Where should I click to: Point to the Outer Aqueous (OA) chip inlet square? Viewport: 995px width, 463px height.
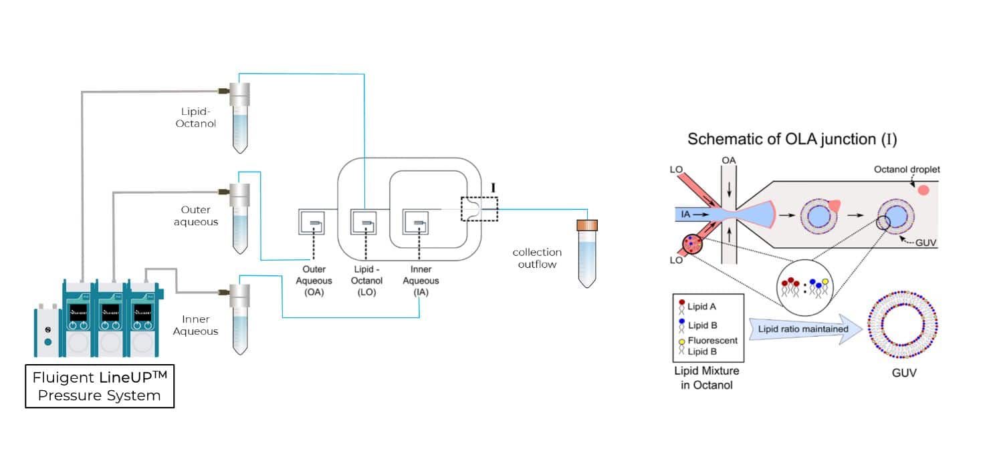tap(312, 221)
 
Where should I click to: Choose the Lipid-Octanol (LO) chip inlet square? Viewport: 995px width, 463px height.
tap(364, 221)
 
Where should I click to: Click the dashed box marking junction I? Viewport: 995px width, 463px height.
tap(479, 208)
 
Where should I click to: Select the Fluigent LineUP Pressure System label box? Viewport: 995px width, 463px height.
tap(100, 387)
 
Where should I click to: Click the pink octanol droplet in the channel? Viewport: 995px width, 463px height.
tap(923, 190)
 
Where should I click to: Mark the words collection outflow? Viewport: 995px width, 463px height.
tap(537, 258)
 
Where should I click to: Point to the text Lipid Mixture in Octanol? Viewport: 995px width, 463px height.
tap(704, 379)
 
